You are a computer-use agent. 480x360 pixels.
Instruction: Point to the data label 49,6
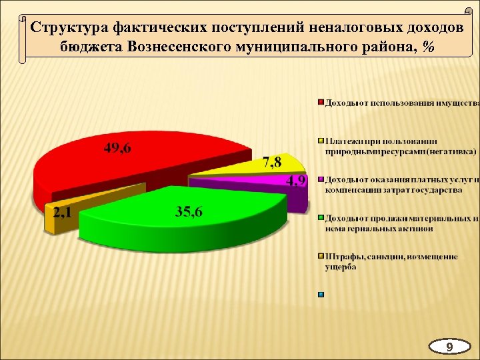point(117,148)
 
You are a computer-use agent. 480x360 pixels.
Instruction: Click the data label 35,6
point(189,212)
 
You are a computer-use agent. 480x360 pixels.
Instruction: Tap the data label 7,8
point(272,161)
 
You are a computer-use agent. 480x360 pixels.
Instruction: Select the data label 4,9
point(296,181)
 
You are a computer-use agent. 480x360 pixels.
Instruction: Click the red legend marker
point(321,103)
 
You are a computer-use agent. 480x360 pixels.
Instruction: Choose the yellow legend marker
point(321,141)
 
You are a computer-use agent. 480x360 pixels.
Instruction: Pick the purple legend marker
point(321,179)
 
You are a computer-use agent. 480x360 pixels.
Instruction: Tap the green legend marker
point(321,217)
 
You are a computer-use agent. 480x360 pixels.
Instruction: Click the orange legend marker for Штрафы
point(321,256)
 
